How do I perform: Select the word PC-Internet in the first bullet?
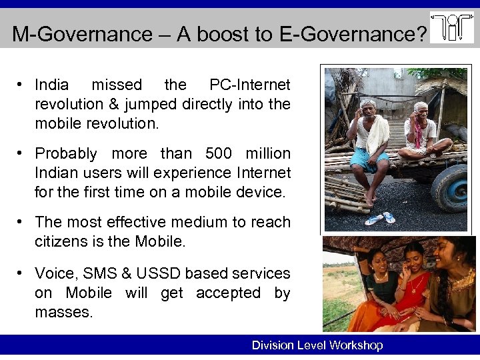250,85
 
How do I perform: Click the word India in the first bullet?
51,85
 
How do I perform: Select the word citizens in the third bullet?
61,241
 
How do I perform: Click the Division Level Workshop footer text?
317,345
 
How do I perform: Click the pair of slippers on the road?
380,218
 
